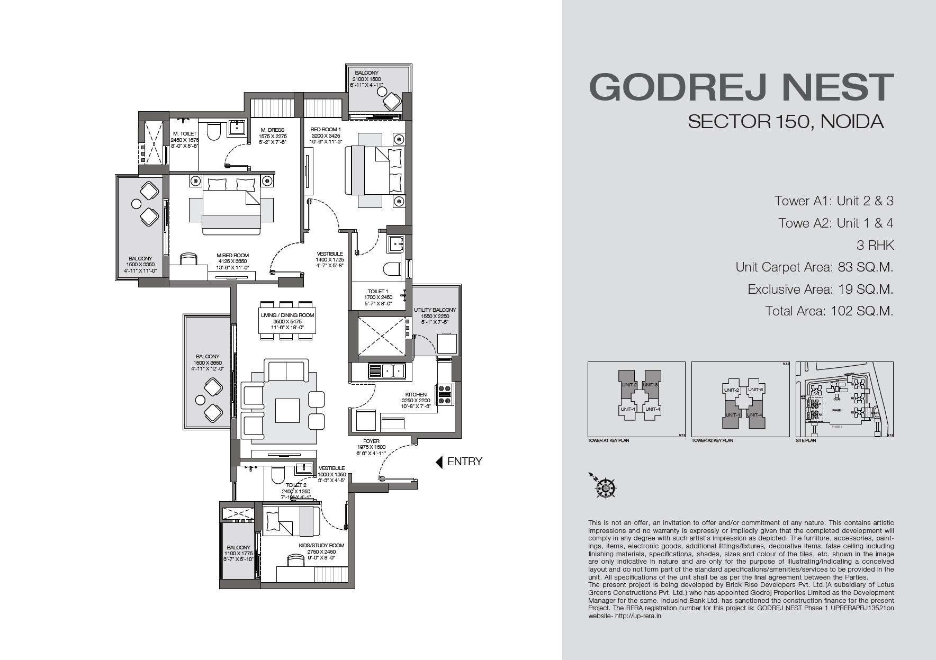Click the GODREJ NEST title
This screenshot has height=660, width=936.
741,88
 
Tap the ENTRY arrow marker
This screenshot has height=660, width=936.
439,462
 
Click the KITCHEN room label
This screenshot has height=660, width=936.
416,395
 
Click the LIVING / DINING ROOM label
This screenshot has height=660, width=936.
287,315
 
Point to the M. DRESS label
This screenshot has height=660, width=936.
273,130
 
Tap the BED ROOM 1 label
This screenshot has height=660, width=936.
326,130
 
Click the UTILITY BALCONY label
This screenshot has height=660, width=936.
435,310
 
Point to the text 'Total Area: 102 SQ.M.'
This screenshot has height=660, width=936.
829,311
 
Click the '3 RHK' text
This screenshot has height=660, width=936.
875,245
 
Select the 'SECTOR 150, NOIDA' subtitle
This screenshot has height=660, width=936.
786,122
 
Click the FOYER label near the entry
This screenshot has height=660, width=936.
371,441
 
